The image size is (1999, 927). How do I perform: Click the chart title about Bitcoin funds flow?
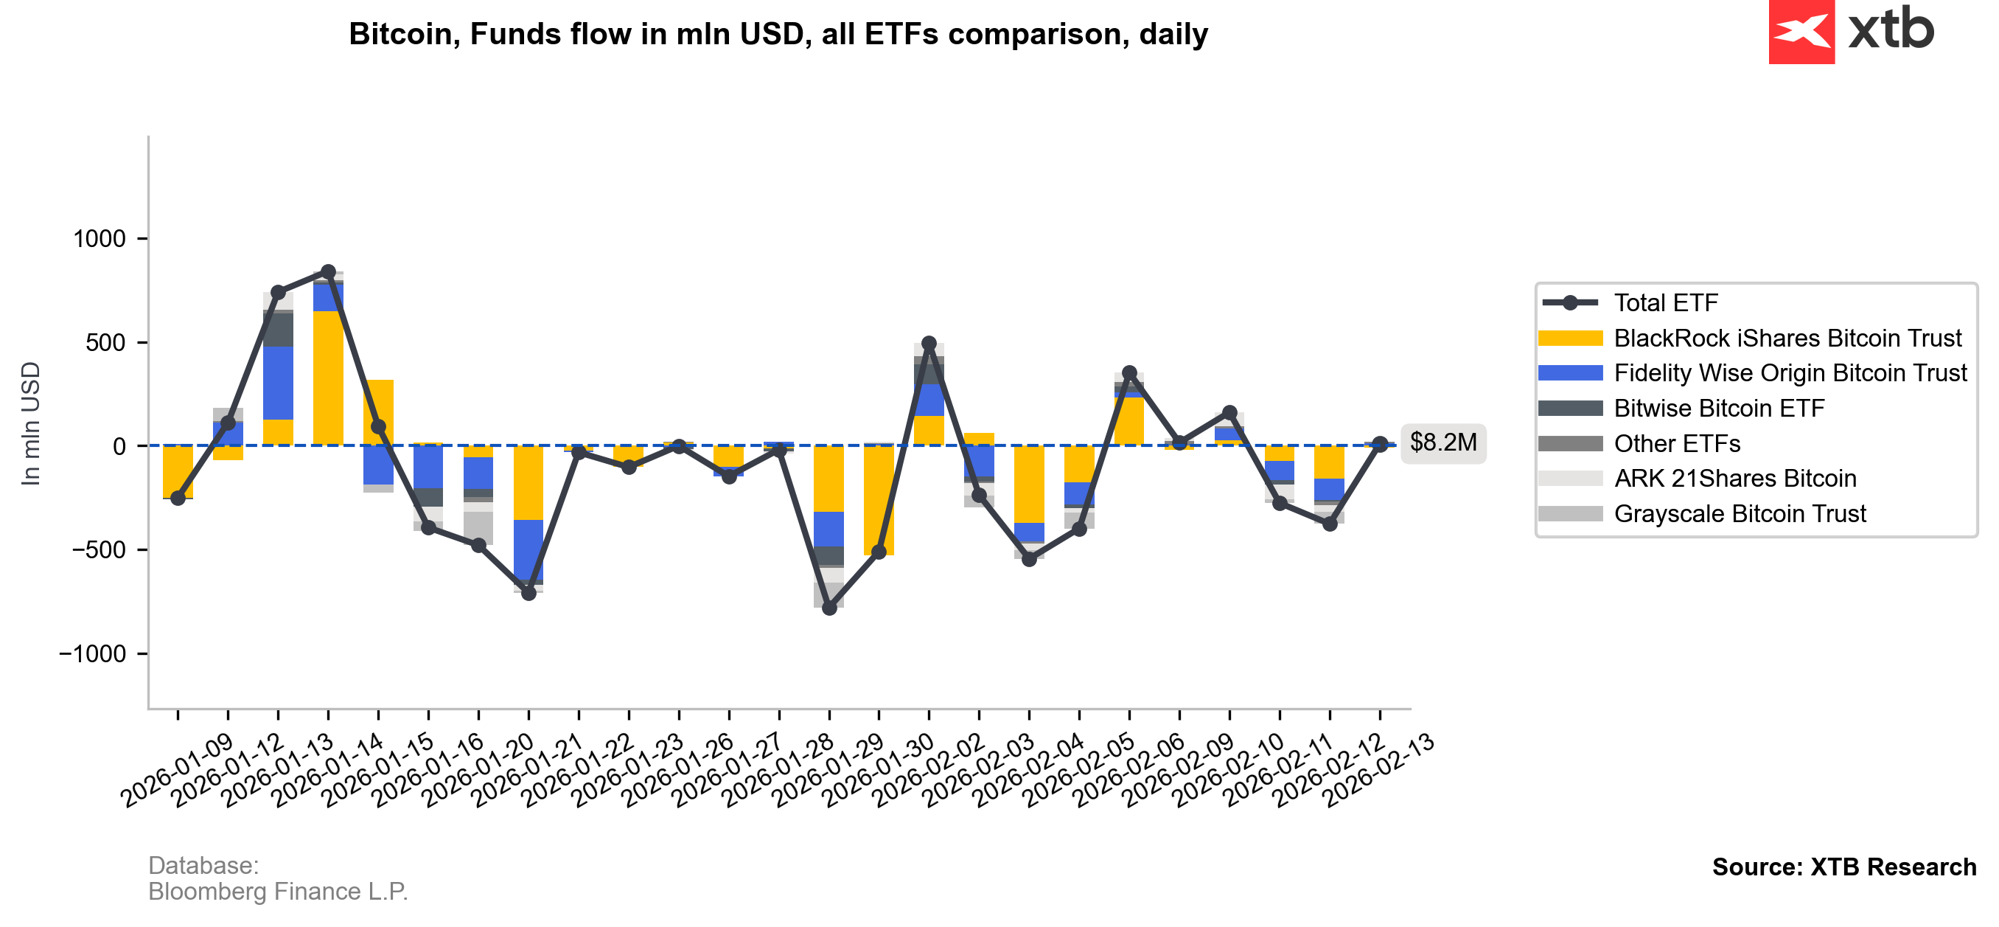click(778, 34)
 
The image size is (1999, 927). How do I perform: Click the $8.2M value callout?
click(1442, 442)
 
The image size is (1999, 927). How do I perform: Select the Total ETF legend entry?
click(1665, 303)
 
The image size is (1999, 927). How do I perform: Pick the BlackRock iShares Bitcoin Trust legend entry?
click(1787, 338)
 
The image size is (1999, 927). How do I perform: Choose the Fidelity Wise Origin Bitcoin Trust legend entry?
click(1790, 373)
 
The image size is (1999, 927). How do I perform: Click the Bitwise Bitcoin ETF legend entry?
click(1719, 409)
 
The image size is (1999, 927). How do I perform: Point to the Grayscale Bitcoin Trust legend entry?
click(1739, 514)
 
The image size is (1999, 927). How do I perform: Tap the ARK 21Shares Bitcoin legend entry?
click(1734, 479)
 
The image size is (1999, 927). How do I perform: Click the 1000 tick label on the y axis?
click(99, 239)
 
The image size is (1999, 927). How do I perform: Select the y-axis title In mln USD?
click(31, 424)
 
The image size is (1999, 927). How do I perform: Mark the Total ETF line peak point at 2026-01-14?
click(328, 271)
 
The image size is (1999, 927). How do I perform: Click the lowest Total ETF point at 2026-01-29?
click(829, 608)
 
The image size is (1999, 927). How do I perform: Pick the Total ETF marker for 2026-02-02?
click(929, 343)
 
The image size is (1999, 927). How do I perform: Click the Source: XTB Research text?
click(1843, 867)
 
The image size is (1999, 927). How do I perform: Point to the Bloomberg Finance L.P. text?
click(278, 892)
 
